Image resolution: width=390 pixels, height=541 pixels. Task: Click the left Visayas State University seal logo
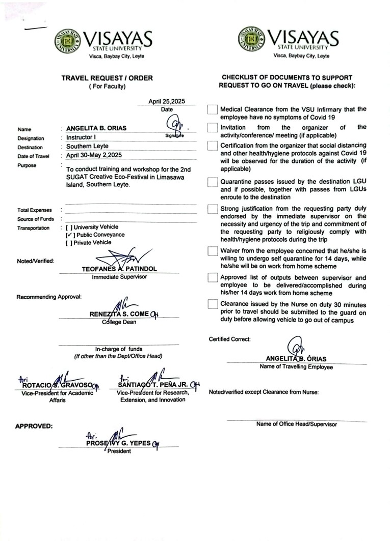tap(68, 41)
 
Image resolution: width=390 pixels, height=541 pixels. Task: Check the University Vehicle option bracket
tap(69, 227)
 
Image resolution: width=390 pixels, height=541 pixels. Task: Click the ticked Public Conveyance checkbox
tap(69, 235)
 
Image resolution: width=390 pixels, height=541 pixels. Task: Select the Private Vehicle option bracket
tap(69, 243)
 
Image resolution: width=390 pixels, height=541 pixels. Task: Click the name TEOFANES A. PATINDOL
tap(119, 268)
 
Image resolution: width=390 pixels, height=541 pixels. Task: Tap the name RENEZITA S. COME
tap(119, 314)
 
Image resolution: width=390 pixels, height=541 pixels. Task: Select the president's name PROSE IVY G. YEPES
tap(118, 443)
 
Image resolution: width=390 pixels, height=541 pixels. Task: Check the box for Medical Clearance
tap(213, 110)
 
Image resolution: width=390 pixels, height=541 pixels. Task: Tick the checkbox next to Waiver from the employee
tap(213, 251)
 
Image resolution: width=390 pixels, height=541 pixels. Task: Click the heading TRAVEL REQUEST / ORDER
tap(107, 78)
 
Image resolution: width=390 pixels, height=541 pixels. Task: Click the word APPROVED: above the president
tap(34, 426)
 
